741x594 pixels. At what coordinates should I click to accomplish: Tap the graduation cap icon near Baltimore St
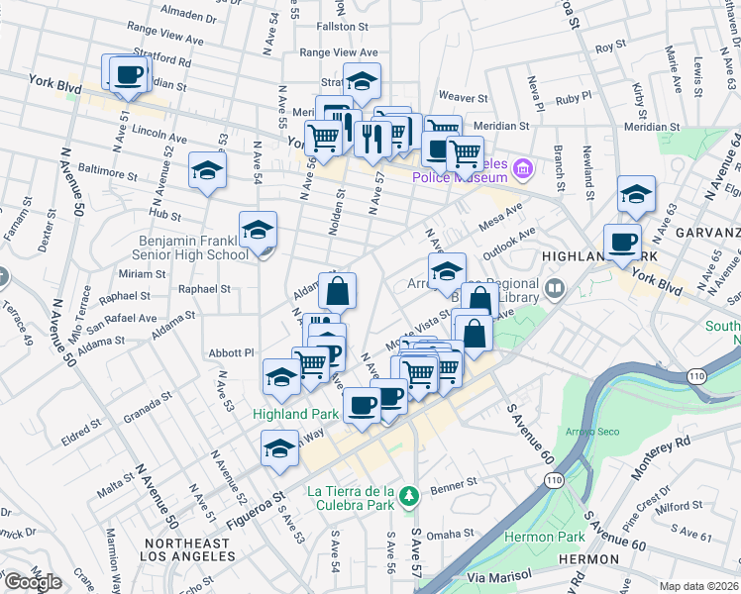click(x=207, y=170)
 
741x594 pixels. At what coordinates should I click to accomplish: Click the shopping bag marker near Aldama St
click(x=337, y=291)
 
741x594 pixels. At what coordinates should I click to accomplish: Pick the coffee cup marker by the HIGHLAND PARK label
click(x=623, y=242)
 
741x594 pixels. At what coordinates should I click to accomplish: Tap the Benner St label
click(x=454, y=483)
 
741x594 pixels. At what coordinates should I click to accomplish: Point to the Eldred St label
click(x=79, y=433)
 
